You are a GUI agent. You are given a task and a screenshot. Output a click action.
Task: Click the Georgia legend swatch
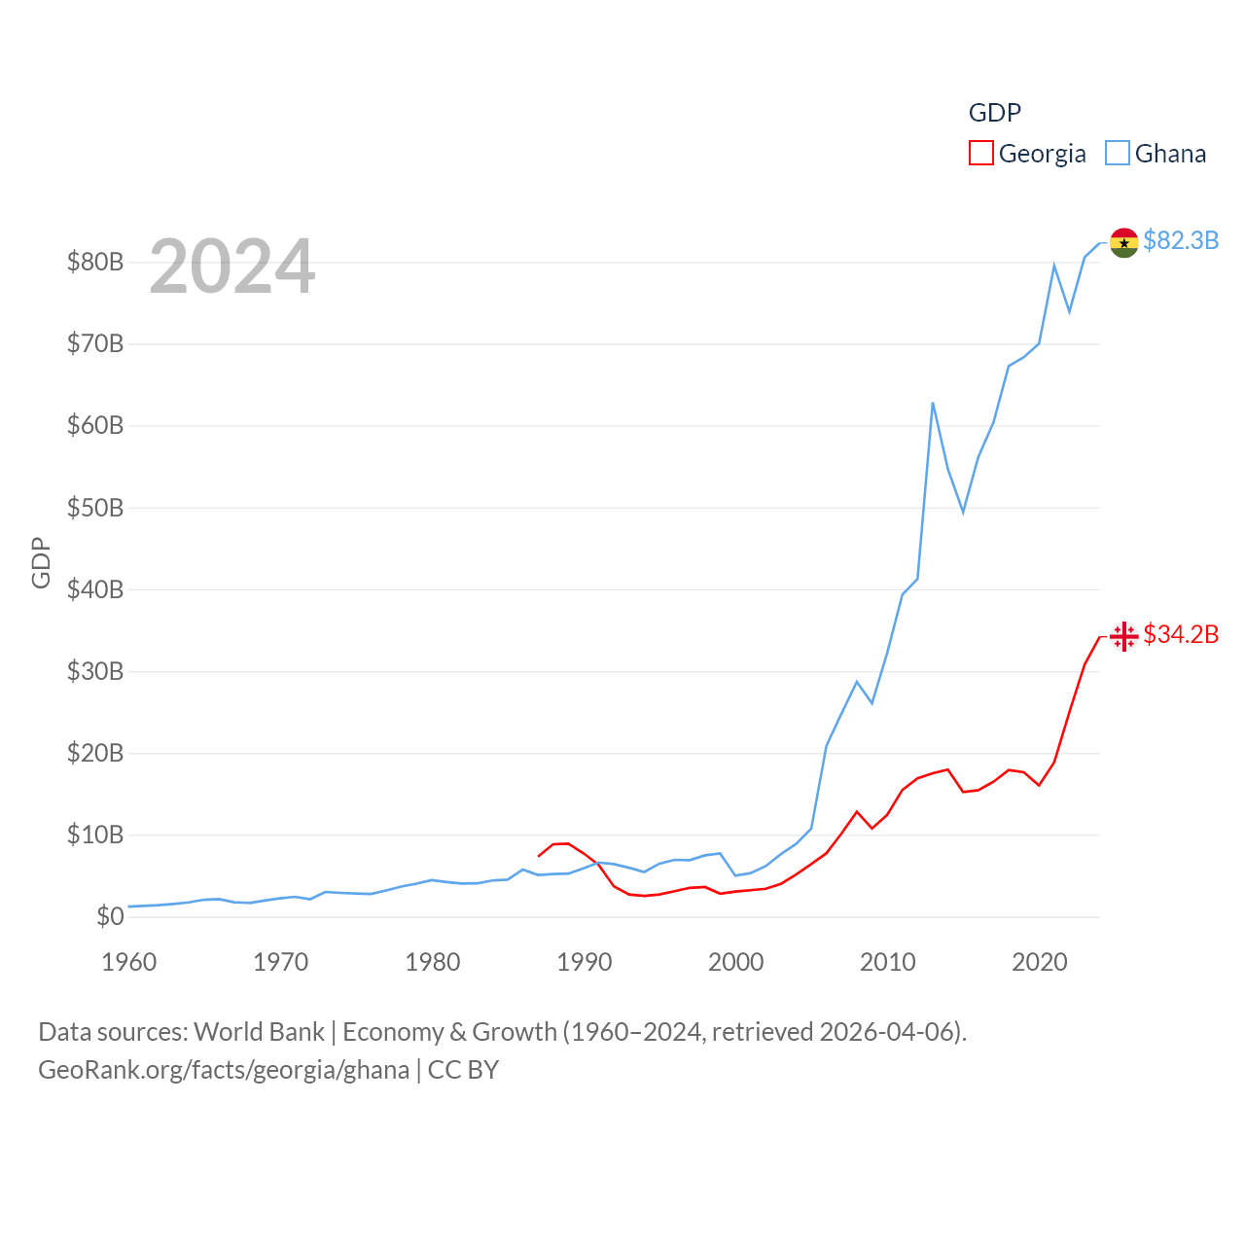tap(981, 154)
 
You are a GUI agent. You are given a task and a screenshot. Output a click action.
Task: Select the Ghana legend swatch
tap(1118, 154)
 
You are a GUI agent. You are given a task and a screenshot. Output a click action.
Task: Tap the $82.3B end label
tap(1181, 240)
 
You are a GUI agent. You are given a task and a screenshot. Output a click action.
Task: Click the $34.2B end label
tap(1181, 634)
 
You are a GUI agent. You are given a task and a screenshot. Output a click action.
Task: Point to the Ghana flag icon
tap(1123, 242)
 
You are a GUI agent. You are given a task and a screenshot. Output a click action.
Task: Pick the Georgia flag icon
tap(1123, 636)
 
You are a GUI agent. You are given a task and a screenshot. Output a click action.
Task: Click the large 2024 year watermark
tap(231, 266)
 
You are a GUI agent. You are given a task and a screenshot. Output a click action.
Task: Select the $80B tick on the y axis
tap(94, 262)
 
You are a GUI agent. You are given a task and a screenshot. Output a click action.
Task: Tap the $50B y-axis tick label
tap(94, 508)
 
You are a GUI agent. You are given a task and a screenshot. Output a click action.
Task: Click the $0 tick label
tap(110, 916)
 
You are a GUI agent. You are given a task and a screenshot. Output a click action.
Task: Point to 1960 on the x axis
tap(128, 962)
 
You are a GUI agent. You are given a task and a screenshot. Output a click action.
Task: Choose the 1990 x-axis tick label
tap(584, 962)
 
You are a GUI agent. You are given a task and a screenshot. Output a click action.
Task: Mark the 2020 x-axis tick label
tap(1039, 962)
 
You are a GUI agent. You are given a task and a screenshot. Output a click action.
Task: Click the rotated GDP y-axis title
tap(41, 562)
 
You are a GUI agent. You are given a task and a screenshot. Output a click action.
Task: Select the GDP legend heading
tap(994, 113)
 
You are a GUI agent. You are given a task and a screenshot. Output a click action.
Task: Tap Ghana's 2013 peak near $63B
tap(933, 403)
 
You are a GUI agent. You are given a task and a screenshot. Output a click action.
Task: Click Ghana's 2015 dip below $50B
tap(963, 512)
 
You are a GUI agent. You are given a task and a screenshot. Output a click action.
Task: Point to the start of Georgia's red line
tap(539, 856)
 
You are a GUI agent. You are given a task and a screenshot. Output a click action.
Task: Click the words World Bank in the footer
tap(259, 1032)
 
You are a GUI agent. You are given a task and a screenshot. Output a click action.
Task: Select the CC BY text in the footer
tap(463, 1070)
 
